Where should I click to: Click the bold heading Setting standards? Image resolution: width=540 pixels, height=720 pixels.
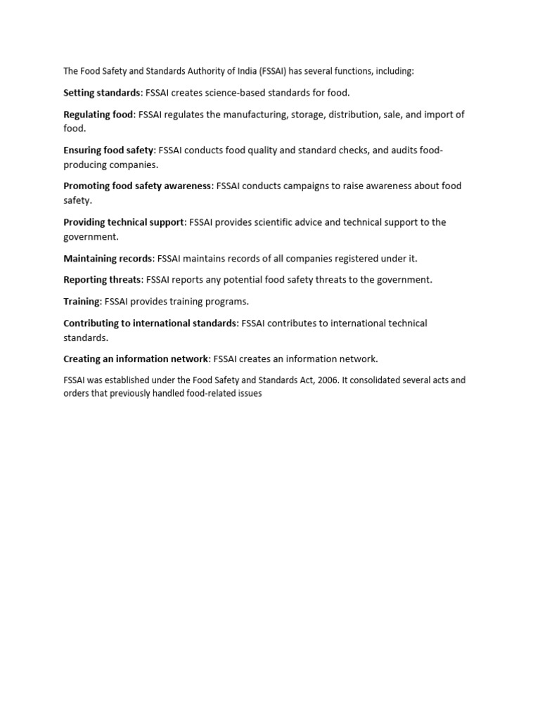pyautogui.click(x=102, y=93)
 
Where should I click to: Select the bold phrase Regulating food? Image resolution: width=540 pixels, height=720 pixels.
pyautogui.click(x=98, y=115)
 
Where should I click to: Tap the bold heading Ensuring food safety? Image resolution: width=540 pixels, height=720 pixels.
pyautogui.click(x=108, y=150)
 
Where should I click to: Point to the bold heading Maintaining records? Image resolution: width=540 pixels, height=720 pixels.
pyautogui.click(x=108, y=258)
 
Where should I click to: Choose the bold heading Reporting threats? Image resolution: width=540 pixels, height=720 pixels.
pyautogui.click(x=102, y=280)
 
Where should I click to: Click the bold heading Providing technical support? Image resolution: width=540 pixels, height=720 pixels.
pyautogui.click(x=124, y=222)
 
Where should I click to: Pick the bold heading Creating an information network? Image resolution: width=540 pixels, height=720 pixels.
pyautogui.click(x=136, y=359)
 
